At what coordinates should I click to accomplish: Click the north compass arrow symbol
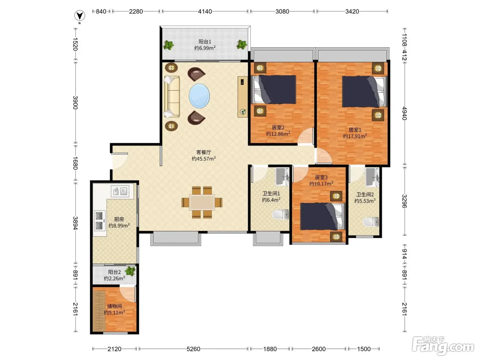[80, 16]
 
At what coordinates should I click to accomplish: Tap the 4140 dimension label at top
[205, 11]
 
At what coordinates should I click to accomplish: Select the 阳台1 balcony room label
[205, 41]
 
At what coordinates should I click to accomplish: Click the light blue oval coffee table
[199, 96]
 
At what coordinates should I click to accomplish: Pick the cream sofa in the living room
[172, 97]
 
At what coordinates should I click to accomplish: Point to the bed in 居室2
[274, 89]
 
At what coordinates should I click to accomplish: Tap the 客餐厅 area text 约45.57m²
[204, 159]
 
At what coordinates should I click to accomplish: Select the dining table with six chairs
[202, 202]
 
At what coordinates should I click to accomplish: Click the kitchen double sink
[120, 191]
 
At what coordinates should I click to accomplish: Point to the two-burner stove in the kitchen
[99, 220]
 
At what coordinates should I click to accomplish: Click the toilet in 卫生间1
[280, 214]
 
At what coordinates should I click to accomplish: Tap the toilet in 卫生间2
[371, 222]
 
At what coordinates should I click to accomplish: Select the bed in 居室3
[322, 216]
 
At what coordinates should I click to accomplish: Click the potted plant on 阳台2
[130, 271]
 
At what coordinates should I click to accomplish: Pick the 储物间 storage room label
[115, 306]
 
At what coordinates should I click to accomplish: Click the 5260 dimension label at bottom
[193, 349]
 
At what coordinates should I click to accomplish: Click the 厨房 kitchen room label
[119, 219]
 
